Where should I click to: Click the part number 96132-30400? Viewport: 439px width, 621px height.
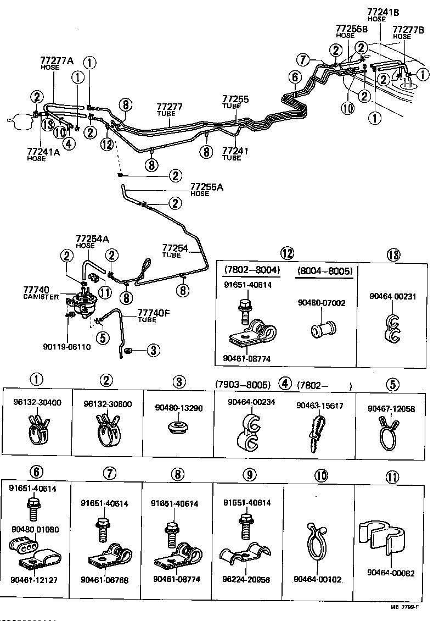pos(37,402)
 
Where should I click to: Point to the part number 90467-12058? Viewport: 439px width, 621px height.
pos(392,409)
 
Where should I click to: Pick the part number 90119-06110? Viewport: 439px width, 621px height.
pos(67,347)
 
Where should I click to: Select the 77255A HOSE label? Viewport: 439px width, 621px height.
pos(207,190)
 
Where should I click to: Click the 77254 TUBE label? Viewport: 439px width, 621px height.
pos(176,251)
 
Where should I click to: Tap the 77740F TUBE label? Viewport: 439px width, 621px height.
pos(153,316)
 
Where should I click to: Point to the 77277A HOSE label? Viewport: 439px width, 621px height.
pos(56,63)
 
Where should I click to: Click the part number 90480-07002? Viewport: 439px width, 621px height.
pos(322,303)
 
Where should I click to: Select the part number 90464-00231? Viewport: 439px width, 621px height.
pos(393,296)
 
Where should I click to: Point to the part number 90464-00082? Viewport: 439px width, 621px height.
pos(391,573)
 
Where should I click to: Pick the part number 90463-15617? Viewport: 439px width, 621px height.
pos(320,406)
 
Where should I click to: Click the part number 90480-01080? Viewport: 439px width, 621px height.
pos(35,529)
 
